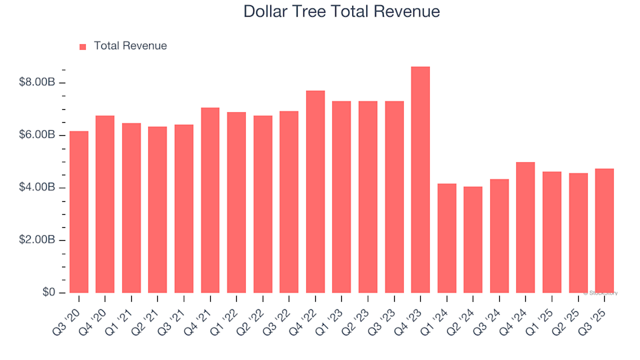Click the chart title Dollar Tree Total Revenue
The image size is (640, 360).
[341, 11]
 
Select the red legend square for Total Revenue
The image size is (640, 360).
[83, 47]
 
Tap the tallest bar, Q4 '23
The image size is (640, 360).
[421, 180]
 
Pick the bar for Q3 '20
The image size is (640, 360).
[79, 212]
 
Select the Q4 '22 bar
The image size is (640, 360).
[315, 192]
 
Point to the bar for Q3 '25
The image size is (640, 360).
[605, 231]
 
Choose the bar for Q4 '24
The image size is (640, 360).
[525, 227]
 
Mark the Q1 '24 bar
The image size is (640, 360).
[447, 238]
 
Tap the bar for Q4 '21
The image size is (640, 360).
[210, 200]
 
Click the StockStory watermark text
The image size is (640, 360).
[601, 293]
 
